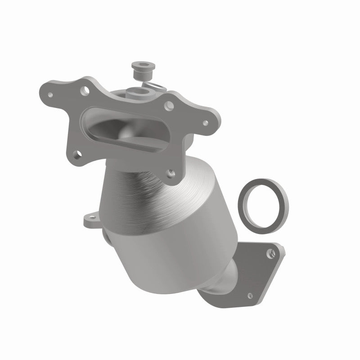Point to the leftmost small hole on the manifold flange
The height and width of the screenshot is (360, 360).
(x=50, y=96)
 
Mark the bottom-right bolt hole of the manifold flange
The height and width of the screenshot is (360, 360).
(x=171, y=171)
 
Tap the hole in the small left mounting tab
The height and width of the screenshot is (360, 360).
(x=87, y=220)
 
